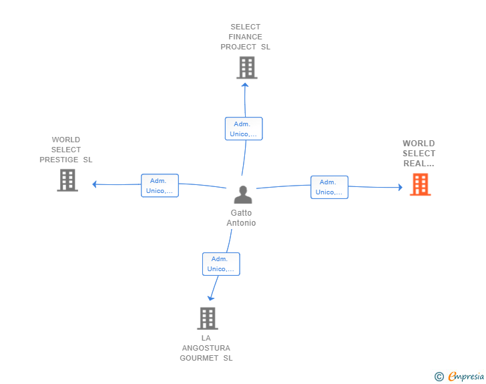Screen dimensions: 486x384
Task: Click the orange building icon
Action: click(x=421, y=184)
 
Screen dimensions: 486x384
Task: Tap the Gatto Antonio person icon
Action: click(x=243, y=195)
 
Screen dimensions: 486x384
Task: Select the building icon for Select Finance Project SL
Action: click(x=247, y=67)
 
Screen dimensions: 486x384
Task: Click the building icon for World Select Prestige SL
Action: click(x=67, y=180)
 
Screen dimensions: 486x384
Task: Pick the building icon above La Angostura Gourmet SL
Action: click(x=208, y=319)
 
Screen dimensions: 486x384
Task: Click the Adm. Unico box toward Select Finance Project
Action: click(x=244, y=129)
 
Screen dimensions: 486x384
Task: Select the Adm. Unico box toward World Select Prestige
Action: click(x=160, y=186)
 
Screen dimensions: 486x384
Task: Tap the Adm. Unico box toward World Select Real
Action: click(x=330, y=187)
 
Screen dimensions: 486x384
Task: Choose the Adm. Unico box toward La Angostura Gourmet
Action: click(x=221, y=264)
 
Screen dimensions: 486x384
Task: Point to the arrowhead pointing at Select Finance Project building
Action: click(x=245, y=85)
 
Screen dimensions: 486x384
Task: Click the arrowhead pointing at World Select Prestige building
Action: click(x=95, y=184)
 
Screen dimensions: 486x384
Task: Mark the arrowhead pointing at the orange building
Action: click(x=401, y=187)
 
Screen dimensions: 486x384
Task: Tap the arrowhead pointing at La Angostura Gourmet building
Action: click(x=210, y=299)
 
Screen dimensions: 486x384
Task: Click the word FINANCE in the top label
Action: click(x=245, y=37)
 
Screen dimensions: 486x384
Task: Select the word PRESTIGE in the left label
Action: click(x=59, y=160)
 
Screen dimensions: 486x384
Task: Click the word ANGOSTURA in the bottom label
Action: click(x=206, y=348)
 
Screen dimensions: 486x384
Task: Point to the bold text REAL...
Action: click(x=419, y=164)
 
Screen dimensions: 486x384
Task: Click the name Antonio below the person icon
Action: click(x=241, y=223)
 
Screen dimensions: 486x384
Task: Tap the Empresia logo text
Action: click(x=466, y=376)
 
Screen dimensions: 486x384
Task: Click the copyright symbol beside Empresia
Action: click(x=439, y=377)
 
